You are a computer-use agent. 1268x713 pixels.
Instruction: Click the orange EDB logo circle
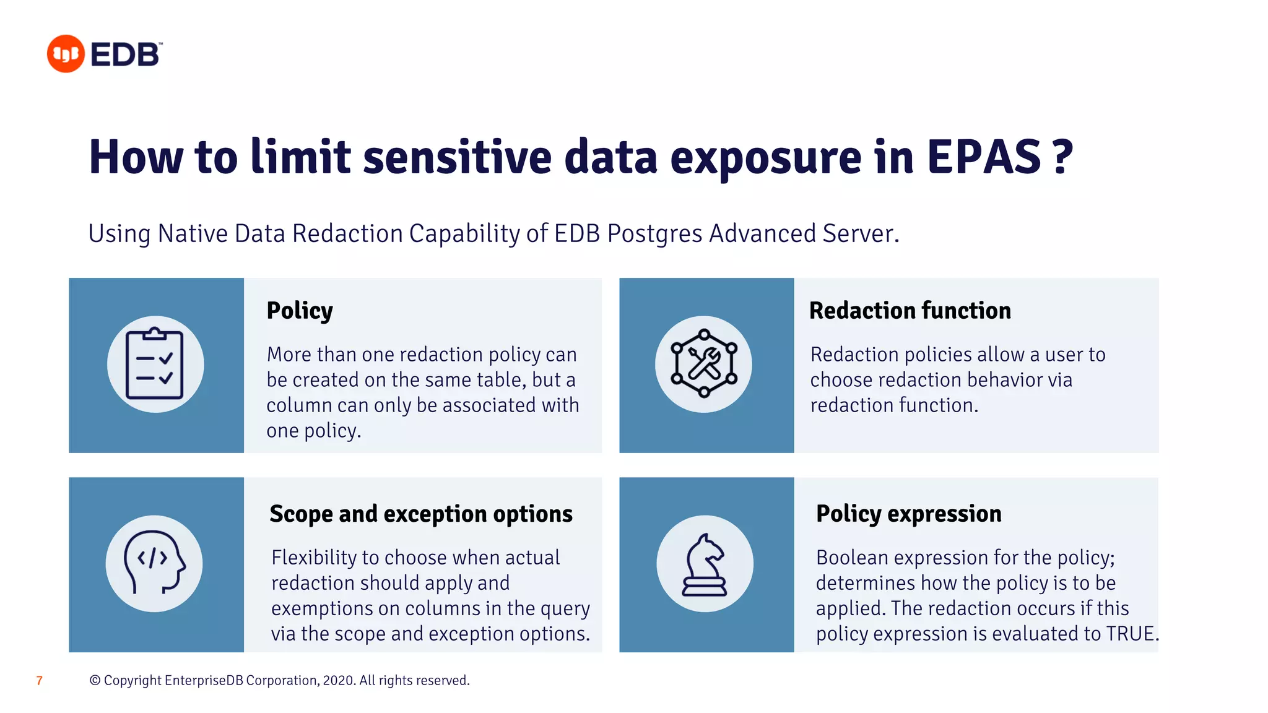point(66,54)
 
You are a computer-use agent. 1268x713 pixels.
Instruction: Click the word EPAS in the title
point(983,157)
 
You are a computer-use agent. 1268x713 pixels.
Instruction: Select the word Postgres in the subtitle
point(655,234)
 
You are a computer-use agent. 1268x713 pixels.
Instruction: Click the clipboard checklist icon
point(155,365)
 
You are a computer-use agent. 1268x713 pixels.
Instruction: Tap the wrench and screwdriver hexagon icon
point(704,363)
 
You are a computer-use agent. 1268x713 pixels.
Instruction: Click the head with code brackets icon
point(154,563)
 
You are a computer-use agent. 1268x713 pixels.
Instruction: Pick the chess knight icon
point(705,564)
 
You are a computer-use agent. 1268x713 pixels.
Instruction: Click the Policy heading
point(300,311)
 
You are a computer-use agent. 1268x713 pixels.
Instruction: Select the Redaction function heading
point(910,310)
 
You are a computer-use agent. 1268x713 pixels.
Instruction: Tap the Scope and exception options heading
point(421,514)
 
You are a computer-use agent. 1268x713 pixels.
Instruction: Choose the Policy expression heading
point(908,514)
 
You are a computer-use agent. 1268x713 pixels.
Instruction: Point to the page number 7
point(40,681)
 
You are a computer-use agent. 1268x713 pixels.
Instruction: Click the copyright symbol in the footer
point(95,681)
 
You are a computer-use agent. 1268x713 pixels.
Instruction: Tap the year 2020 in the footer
point(339,681)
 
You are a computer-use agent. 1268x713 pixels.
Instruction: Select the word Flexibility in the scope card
point(314,558)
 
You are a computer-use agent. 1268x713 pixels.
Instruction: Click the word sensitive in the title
point(457,157)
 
